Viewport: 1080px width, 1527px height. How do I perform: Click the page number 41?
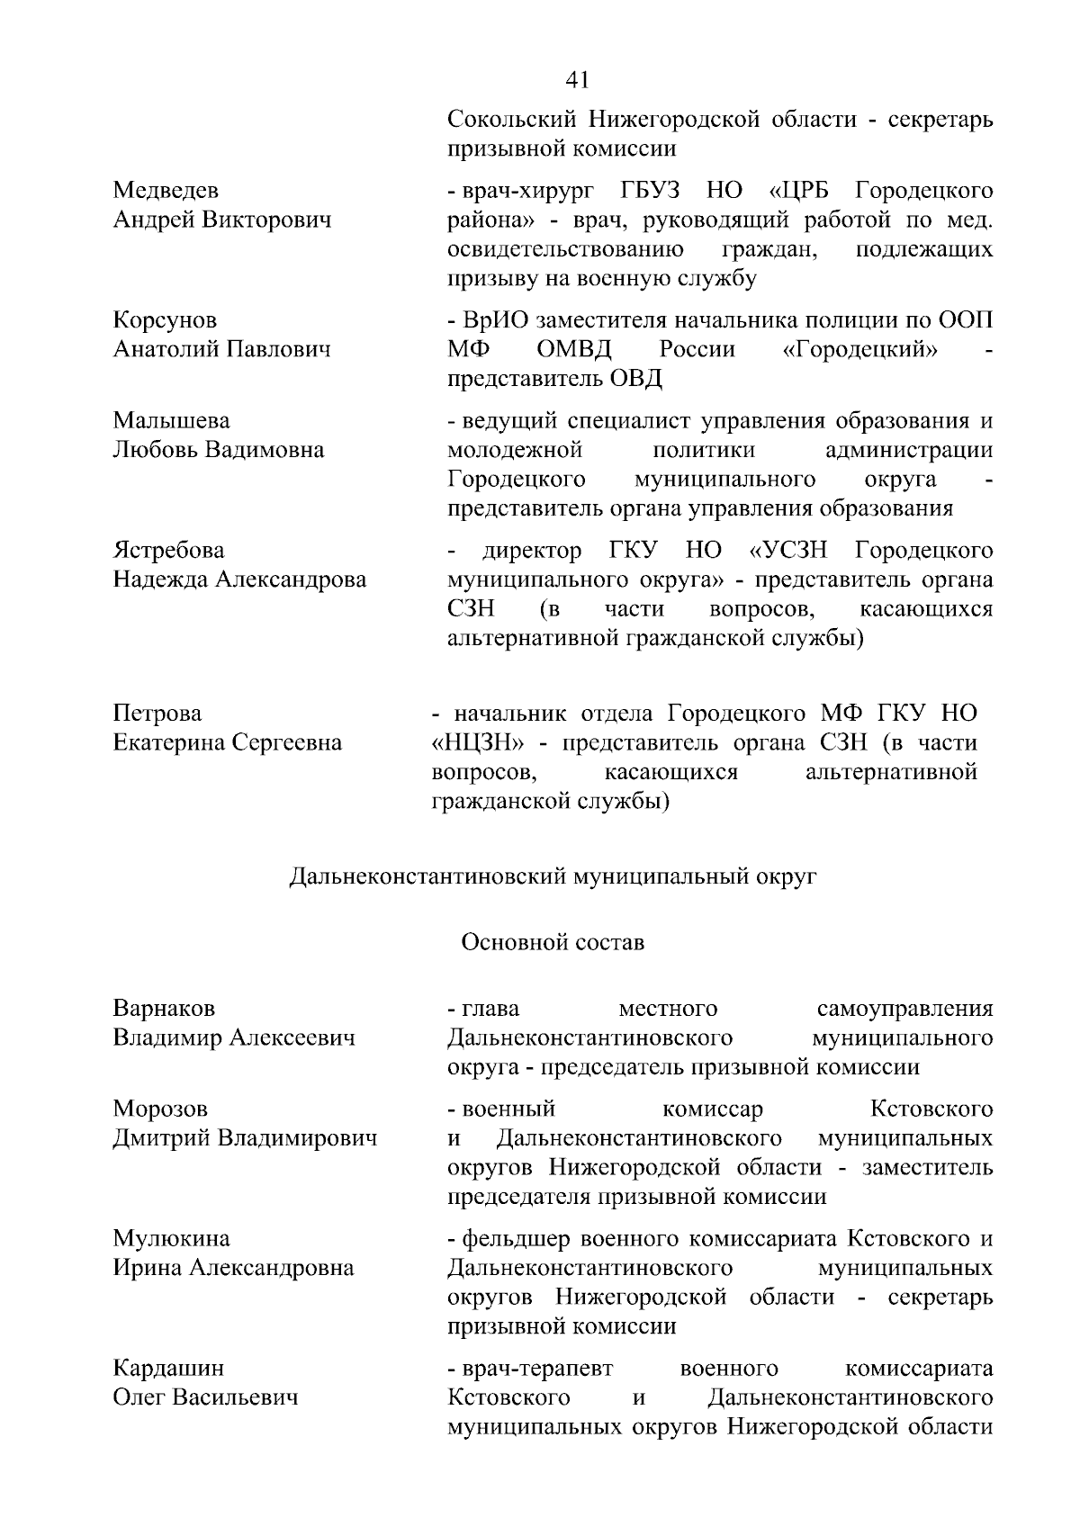[578, 80]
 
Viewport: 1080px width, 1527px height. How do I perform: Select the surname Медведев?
[166, 191]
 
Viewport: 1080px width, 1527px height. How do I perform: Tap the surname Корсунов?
[165, 320]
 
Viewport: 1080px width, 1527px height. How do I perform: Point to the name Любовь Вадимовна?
[219, 450]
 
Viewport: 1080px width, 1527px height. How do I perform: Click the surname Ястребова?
[168, 551]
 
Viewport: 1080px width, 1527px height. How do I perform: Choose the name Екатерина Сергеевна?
[228, 743]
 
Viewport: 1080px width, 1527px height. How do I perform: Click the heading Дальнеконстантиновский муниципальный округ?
[553, 876]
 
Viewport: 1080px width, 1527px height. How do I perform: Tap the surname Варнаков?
[164, 1008]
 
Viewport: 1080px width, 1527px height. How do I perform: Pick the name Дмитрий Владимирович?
[245, 1138]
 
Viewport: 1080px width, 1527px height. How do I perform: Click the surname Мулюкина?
[171, 1239]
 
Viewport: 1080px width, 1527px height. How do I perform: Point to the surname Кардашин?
[167, 1369]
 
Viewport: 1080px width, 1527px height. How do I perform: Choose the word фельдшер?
[517, 1239]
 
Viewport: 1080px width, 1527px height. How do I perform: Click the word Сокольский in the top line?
[512, 119]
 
